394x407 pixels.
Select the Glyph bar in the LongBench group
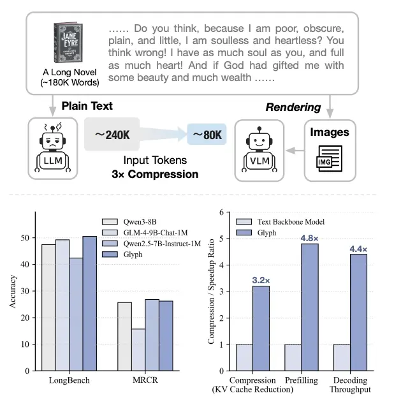(x=89, y=303)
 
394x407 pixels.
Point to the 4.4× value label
(x=358, y=248)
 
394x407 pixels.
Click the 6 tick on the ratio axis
(x=221, y=212)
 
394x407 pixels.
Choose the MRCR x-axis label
(x=140, y=381)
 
